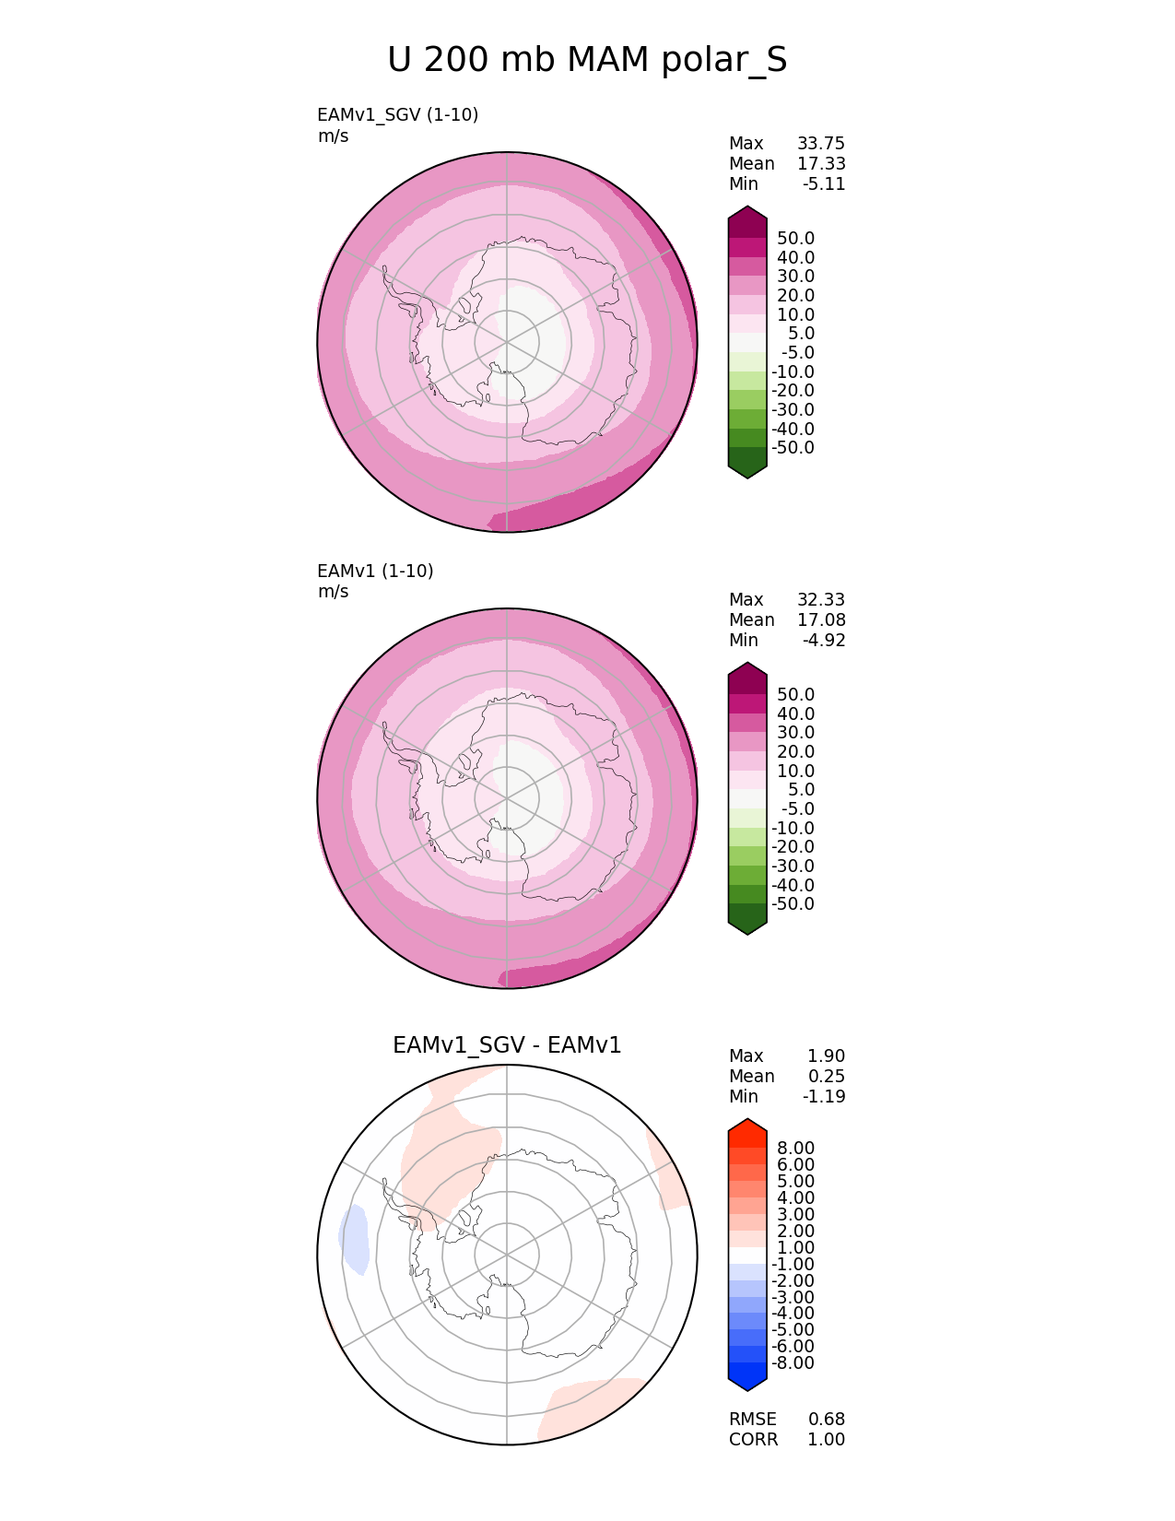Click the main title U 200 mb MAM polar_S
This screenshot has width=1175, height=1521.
(587, 60)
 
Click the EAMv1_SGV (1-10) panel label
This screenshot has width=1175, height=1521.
(397, 115)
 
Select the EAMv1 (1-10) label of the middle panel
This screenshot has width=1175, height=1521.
(375, 572)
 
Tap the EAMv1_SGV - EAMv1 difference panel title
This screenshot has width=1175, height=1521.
(507, 1045)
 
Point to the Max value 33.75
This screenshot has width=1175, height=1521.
(821, 144)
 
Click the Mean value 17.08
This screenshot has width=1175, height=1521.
(821, 620)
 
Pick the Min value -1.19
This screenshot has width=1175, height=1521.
(824, 1096)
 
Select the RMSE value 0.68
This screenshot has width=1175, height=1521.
(827, 1419)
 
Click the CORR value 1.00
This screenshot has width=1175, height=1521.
(827, 1439)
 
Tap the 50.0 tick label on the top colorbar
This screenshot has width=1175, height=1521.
(795, 239)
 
